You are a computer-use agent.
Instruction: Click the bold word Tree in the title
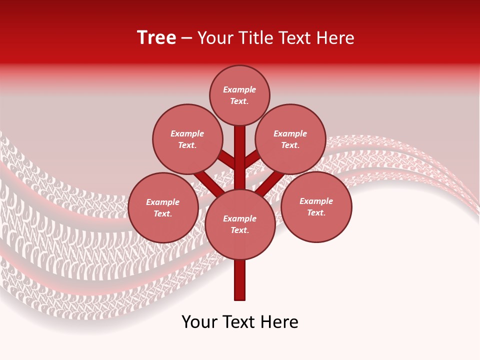156,37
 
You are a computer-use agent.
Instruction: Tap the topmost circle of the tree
239,95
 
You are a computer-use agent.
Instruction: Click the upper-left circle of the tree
187,139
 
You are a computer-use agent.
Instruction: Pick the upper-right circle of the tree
290,139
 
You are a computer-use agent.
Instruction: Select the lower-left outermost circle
163,207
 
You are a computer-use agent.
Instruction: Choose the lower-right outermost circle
316,206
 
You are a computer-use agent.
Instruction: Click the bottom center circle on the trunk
240,224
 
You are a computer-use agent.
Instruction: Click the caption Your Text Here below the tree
240,322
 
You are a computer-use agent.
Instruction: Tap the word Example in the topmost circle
239,90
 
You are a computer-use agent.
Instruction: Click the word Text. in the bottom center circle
239,230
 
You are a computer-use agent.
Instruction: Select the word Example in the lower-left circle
163,202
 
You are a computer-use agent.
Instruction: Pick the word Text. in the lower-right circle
316,212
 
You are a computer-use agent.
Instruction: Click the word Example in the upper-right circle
290,133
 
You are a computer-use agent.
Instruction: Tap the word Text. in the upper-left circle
187,145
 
